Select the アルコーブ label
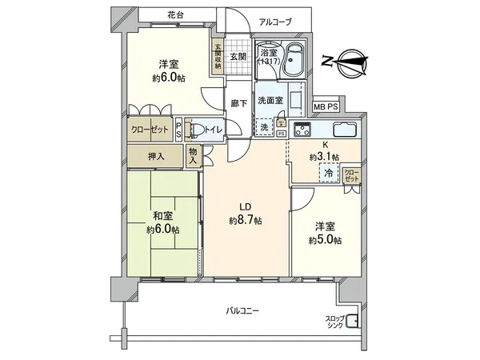click(x=275, y=22)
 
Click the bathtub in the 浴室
click(x=295, y=60)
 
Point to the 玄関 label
click(x=237, y=58)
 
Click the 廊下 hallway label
click(x=237, y=103)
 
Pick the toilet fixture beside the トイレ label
click(x=194, y=129)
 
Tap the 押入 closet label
click(x=156, y=157)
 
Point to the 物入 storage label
click(x=194, y=155)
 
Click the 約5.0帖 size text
click(x=326, y=240)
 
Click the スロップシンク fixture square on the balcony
click(x=353, y=324)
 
